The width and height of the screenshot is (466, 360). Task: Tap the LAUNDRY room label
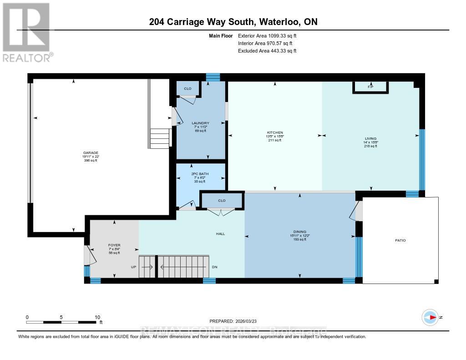pyautogui.click(x=200, y=123)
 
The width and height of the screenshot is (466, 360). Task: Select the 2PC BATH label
pyautogui.click(x=201, y=173)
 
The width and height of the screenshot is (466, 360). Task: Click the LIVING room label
pyautogui.click(x=370, y=138)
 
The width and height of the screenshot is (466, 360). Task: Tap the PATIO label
pyautogui.click(x=400, y=240)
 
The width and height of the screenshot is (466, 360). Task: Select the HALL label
pyautogui.click(x=221, y=234)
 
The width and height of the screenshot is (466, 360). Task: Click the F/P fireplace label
pyautogui.click(x=370, y=87)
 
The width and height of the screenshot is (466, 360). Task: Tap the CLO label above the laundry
pyautogui.click(x=187, y=89)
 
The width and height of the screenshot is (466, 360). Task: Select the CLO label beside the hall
pyautogui.click(x=222, y=200)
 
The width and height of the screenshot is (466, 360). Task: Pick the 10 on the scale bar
pyautogui.click(x=97, y=317)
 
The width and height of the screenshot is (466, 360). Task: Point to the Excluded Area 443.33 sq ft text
pyautogui.click(x=267, y=51)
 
